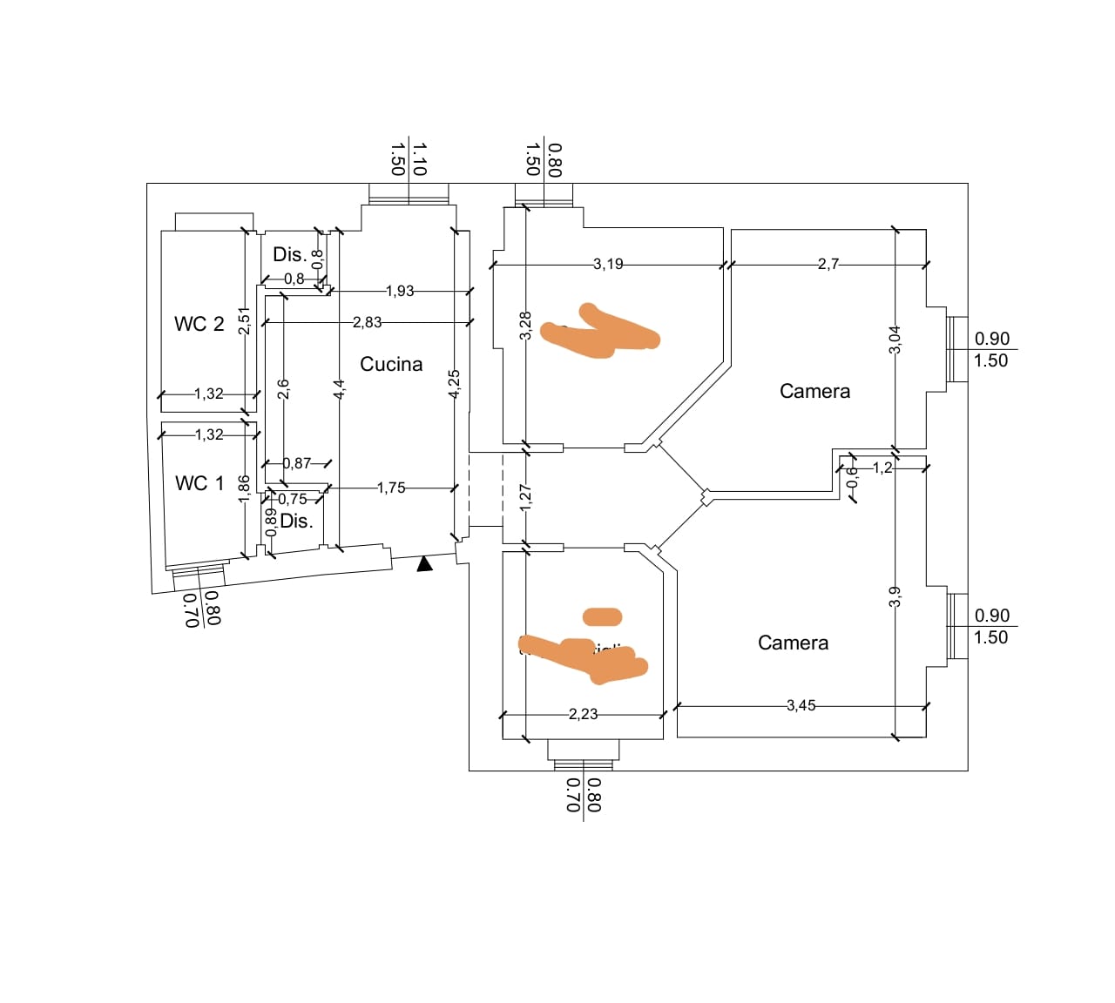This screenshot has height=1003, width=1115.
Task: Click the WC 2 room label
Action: pyautogui.click(x=199, y=324)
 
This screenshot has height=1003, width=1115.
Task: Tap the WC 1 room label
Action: pyautogui.click(x=199, y=483)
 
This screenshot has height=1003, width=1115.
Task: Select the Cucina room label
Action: pyautogui.click(x=391, y=364)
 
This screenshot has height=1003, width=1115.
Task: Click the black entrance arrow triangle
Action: pyautogui.click(x=424, y=563)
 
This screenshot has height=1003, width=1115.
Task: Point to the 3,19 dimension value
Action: pyautogui.click(x=608, y=264)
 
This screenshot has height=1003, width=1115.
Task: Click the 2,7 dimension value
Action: pyautogui.click(x=828, y=264)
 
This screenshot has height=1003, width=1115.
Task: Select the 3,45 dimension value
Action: pyautogui.click(x=801, y=705)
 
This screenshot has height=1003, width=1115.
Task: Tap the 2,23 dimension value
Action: pyautogui.click(x=583, y=714)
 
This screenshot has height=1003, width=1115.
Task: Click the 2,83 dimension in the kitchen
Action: pyautogui.click(x=367, y=322)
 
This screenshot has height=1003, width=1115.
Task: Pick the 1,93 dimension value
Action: pyautogui.click(x=400, y=291)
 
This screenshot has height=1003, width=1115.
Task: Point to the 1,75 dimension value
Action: pyautogui.click(x=391, y=488)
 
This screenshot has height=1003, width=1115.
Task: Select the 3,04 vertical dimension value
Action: pyautogui.click(x=895, y=340)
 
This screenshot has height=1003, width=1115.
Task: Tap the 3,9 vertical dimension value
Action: pyautogui.click(x=895, y=596)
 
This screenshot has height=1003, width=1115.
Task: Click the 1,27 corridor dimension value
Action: pyautogui.click(x=525, y=497)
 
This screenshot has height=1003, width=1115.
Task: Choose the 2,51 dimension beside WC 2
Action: pyautogui.click(x=245, y=320)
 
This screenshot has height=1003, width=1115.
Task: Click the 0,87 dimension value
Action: pyautogui.click(x=297, y=463)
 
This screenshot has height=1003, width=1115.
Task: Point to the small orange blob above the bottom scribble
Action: pyautogui.click(x=602, y=617)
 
